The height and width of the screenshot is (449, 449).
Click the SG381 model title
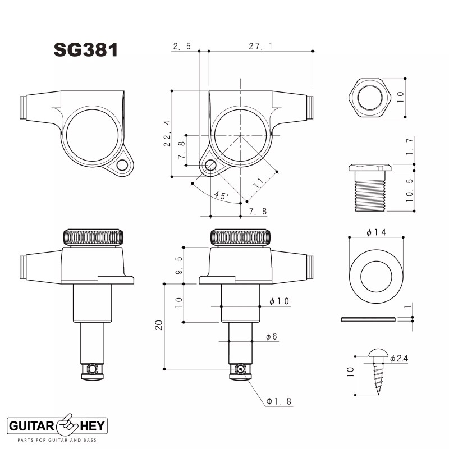click(x=85, y=50)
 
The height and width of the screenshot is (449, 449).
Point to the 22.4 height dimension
click(x=167, y=134)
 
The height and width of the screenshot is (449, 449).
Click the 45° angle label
click(x=221, y=195)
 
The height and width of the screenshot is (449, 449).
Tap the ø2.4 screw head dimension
click(x=400, y=358)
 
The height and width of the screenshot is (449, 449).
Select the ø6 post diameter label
click(x=272, y=336)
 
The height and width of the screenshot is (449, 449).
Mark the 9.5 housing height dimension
click(x=178, y=265)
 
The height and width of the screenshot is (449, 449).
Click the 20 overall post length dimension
click(x=159, y=325)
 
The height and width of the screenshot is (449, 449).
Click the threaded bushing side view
click(x=370, y=188)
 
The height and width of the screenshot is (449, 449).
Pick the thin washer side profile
click(x=368, y=319)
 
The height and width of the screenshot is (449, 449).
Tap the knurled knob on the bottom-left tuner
click(x=93, y=237)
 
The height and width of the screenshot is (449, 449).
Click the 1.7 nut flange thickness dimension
click(x=409, y=146)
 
